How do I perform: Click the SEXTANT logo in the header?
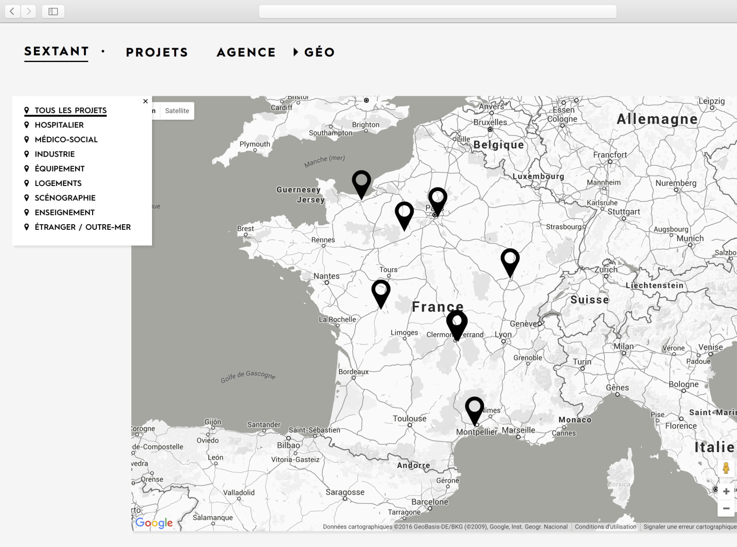coord(56,52)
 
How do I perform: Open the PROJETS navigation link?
coord(157,52)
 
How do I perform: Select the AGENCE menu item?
coord(246,52)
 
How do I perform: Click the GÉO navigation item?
coord(319,52)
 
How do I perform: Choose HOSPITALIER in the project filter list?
coord(59,125)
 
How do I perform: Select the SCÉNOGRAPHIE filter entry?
coord(65,198)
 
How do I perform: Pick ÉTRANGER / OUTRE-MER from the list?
coord(82,227)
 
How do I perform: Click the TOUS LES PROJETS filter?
coord(70,110)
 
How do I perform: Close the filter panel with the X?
coord(146,101)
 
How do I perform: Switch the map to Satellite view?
coord(177,111)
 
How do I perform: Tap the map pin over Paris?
coord(438,199)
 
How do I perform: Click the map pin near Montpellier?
coord(474,408)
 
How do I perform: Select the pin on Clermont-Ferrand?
coord(457,322)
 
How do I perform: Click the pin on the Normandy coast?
coord(362,182)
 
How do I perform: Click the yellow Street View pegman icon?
coord(726,468)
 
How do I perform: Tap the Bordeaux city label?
coord(353,372)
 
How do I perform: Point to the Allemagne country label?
coord(657,119)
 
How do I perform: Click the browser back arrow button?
coord(12,11)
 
